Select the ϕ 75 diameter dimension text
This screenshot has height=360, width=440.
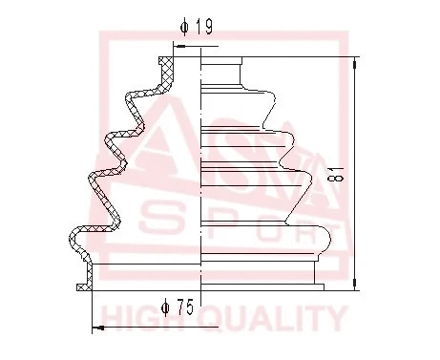(178, 307)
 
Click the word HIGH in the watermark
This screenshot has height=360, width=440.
(137, 318)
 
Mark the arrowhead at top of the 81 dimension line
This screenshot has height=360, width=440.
(356, 62)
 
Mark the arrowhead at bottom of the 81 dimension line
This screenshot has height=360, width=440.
(356, 284)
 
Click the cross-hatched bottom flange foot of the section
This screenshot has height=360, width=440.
(83, 286)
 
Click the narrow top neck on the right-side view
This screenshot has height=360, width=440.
(222, 72)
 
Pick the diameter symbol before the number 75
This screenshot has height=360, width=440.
(165, 307)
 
